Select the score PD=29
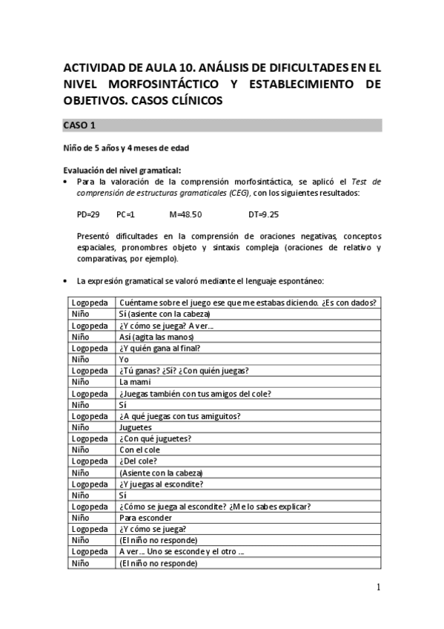[x=88, y=214]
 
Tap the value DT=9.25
[x=264, y=214]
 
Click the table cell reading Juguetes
[x=135, y=427]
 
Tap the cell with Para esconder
[x=146, y=518]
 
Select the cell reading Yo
[x=124, y=359]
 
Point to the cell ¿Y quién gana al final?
[x=159, y=348]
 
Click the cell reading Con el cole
[x=139, y=449]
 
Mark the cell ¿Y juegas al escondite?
[x=161, y=484]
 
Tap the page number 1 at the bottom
[x=378, y=587]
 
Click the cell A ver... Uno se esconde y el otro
[x=182, y=552]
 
